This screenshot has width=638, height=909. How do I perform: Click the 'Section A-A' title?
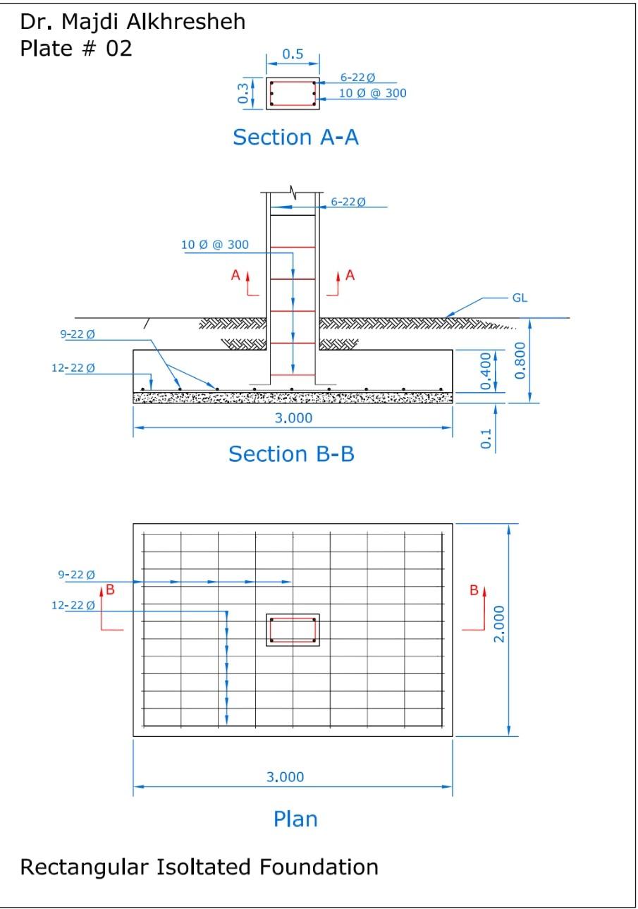click(295, 137)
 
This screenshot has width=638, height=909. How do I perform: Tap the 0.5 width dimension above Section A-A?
click(293, 54)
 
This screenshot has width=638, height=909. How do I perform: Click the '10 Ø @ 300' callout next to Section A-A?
click(372, 93)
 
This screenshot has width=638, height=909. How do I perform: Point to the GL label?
click(519, 298)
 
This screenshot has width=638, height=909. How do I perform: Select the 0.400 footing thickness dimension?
click(486, 372)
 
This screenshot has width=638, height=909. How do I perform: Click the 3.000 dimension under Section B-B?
click(293, 417)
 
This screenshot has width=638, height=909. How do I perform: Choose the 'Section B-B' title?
click(291, 453)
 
